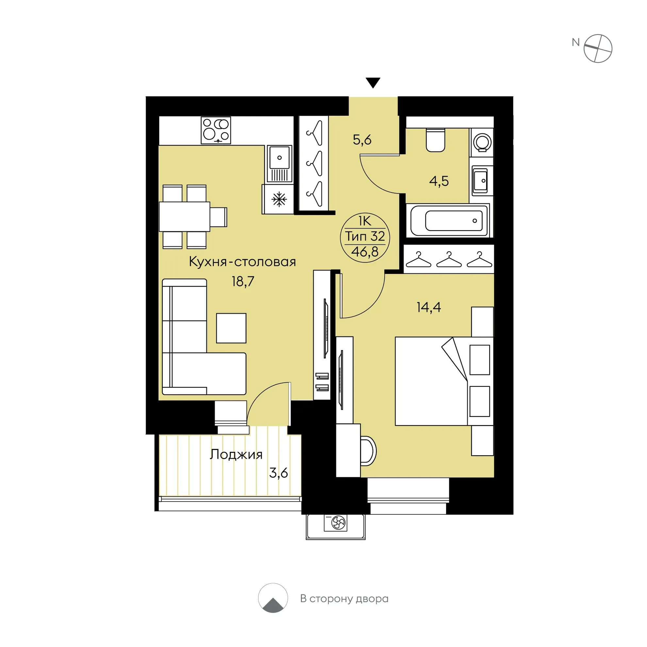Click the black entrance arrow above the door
click(x=373, y=82)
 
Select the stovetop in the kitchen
click(x=216, y=130)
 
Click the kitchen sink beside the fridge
click(x=280, y=164)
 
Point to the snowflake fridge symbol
click(x=279, y=199)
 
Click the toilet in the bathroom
click(x=435, y=140)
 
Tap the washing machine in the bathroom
click(x=482, y=142)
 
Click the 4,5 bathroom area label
click(x=439, y=181)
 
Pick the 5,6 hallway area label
click(x=362, y=140)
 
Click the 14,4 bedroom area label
click(x=429, y=307)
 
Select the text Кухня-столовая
click(x=242, y=261)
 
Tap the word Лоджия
click(x=236, y=454)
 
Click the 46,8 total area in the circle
click(x=365, y=252)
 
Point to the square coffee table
click(x=231, y=328)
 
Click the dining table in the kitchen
click(x=185, y=216)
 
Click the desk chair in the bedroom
click(x=368, y=451)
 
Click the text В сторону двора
click(x=344, y=598)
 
